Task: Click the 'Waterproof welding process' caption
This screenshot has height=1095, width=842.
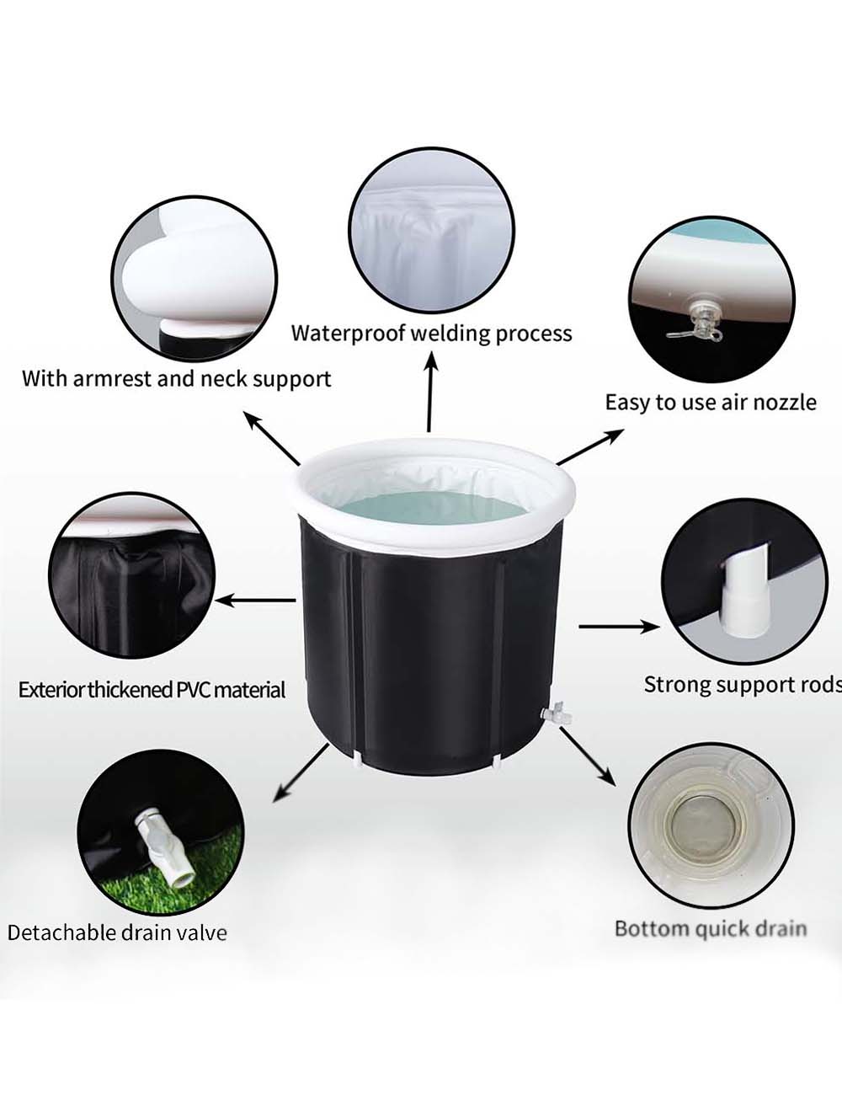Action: (x=432, y=334)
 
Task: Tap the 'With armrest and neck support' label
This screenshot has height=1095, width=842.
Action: (x=177, y=379)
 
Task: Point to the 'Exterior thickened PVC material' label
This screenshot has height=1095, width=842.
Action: (x=152, y=690)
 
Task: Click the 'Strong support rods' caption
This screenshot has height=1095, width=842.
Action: (x=743, y=686)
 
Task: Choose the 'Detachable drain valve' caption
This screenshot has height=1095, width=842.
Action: (x=117, y=932)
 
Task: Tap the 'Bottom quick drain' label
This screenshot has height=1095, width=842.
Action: (x=711, y=928)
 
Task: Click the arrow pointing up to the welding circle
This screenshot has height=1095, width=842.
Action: (x=430, y=392)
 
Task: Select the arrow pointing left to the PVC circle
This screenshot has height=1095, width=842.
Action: (x=255, y=601)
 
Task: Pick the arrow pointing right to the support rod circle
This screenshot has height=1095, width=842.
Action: (x=619, y=627)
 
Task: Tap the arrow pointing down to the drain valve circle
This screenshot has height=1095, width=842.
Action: (x=300, y=772)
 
